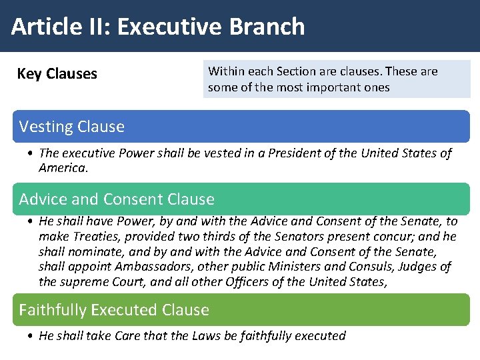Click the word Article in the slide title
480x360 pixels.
39,27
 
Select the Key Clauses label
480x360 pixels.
57,74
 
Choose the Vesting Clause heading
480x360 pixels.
72,127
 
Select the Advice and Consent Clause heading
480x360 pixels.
117,199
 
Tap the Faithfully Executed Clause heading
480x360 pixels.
114,310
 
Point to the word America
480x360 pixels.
63,168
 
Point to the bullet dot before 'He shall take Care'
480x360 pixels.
32,336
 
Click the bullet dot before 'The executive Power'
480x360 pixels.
32,154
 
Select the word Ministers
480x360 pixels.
293,267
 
